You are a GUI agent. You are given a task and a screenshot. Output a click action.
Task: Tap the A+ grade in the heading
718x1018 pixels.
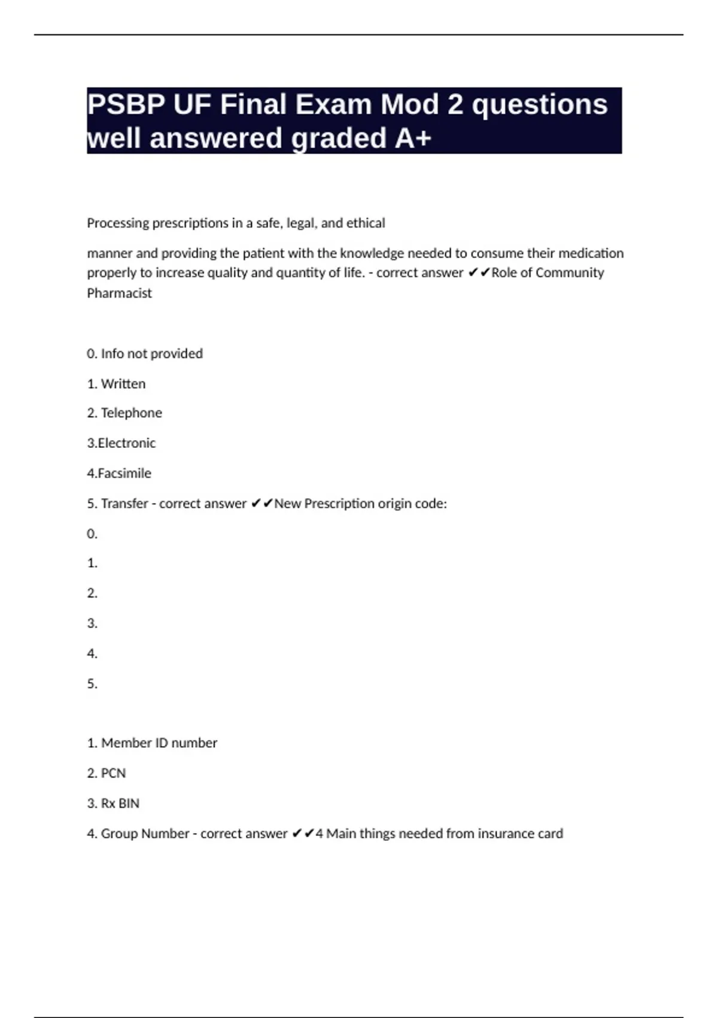pos(413,138)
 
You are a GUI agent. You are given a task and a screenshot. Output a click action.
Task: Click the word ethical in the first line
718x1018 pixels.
pos(366,223)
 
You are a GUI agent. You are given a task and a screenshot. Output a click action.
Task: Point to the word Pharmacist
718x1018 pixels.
pos(120,293)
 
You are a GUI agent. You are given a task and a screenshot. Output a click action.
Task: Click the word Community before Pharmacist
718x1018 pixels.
pos(570,273)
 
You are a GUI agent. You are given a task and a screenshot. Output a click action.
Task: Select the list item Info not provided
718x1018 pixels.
pos(151,354)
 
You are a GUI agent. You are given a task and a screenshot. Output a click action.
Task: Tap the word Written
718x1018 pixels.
pos(123,384)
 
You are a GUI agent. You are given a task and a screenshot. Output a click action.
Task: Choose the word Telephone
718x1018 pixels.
pos(131,413)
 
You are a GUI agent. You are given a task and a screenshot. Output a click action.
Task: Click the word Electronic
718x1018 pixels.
pos(126,443)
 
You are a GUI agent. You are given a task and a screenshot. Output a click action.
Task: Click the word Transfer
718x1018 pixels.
pos(124,504)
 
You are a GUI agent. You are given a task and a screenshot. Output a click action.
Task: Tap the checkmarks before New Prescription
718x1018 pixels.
pos(262,504)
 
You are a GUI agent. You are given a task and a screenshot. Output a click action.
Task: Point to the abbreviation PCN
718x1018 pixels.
pos(114,774)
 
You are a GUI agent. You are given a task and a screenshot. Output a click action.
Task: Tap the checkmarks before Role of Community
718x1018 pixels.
pos(479,273)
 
